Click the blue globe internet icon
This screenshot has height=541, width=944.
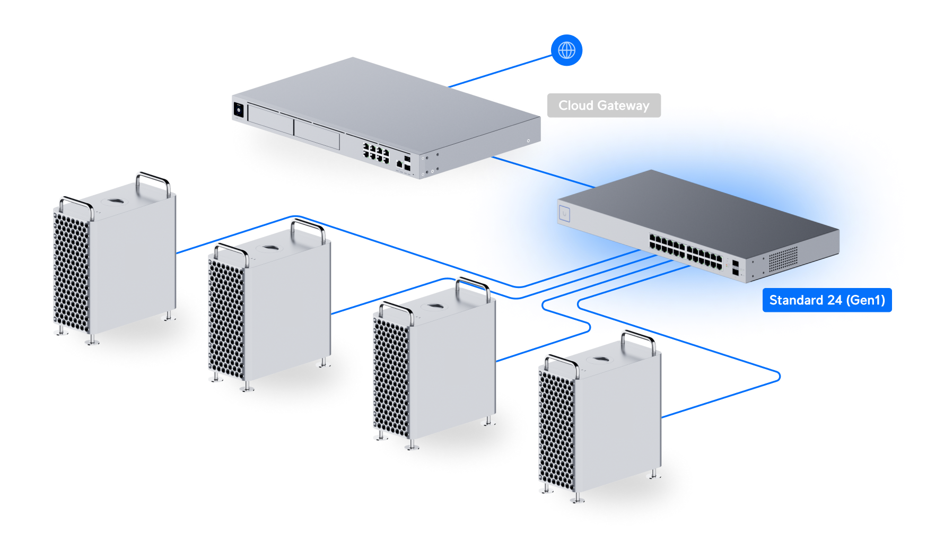pos(566,50)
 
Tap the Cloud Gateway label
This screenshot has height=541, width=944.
pos(604,106)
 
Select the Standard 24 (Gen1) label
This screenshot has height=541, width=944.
pos(827,300)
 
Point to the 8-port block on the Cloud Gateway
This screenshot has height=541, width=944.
pos(376,152)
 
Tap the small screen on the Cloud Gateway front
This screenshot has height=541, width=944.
pos(239,110)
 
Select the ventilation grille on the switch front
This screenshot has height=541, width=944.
pos(783,258)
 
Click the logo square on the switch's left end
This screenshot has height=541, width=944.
pos(565,214)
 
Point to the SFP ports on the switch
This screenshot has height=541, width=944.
pos(736,267)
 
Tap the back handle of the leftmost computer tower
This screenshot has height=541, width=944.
pos(153,180)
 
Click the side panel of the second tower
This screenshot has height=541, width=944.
pos(289,308)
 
